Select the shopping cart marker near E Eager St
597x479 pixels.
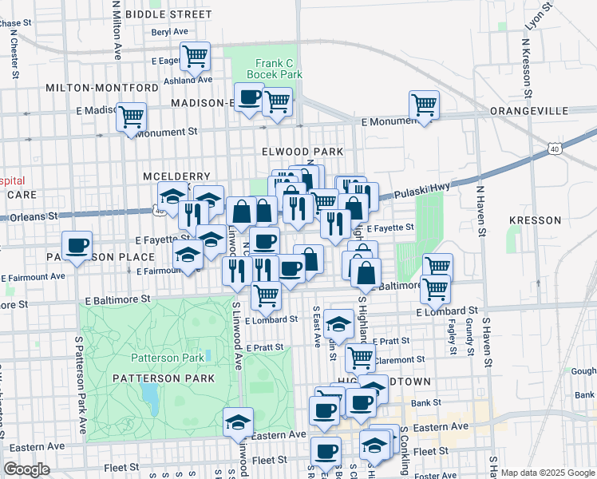195,56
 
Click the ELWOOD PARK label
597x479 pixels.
302,152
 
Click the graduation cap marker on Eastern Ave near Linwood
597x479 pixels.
238,422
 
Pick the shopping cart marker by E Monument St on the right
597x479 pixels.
424,105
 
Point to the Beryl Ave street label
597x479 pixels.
168,33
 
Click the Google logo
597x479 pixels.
26,469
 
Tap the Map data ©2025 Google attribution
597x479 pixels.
547,472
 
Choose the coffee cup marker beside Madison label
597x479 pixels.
248,97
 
